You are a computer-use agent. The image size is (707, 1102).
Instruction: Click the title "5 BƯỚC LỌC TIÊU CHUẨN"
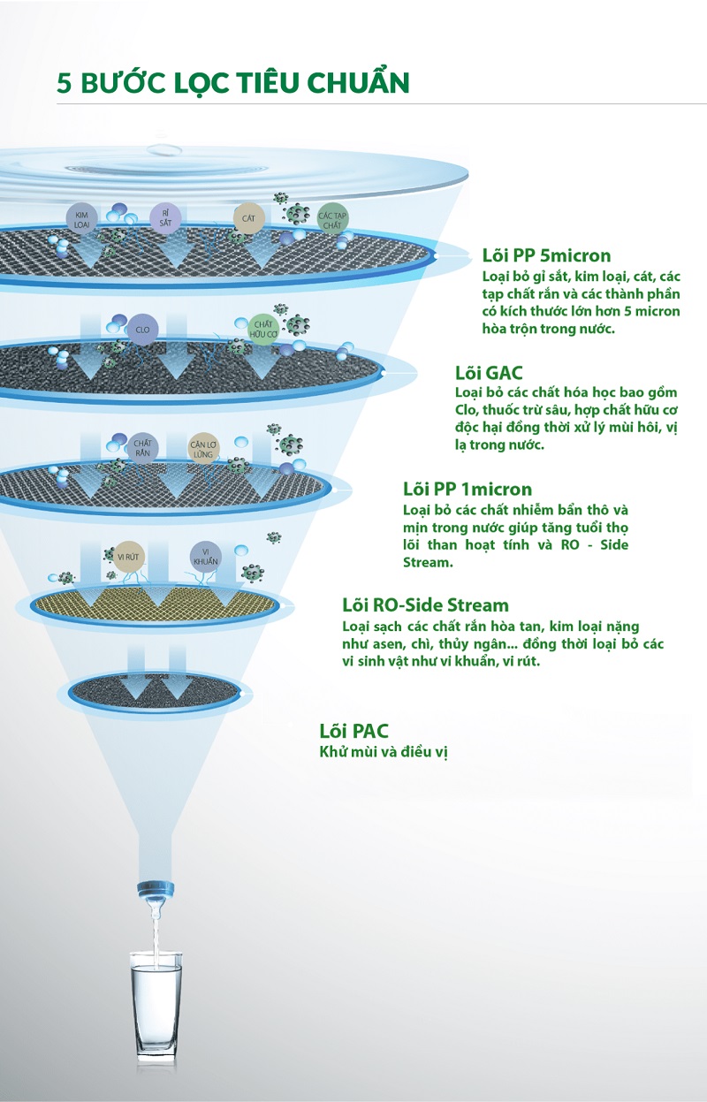tap(232, 82)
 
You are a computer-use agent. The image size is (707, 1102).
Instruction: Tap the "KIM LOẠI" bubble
tap(81, 219)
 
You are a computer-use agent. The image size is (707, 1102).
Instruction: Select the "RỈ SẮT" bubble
tap(165, 218)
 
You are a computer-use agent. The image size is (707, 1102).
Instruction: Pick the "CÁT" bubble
tap(248, 218)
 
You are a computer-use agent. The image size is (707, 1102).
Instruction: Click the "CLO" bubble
tap(142, 329)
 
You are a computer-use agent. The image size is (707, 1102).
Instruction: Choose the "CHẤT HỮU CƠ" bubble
tap(263, 329)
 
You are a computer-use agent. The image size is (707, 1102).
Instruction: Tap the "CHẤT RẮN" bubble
tap(142, 448)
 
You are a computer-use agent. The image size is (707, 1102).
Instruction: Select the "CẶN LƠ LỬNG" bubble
tap(203, 449)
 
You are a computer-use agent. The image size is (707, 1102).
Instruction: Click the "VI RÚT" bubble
tap(128, 557)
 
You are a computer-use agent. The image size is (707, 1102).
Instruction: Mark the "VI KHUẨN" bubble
tap(206, 557)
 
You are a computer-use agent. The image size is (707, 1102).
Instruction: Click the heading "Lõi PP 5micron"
tap(546, 255)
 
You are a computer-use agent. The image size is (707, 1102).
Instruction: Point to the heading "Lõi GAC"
tap(489, 372)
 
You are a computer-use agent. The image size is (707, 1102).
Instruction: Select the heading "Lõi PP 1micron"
tap(468, 489)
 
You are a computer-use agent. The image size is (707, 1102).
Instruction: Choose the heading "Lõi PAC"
tap(353, 731)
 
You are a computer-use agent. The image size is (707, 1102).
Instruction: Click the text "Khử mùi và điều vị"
tap(384, 752)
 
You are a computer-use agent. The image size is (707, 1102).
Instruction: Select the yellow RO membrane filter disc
tap(155, 604)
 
